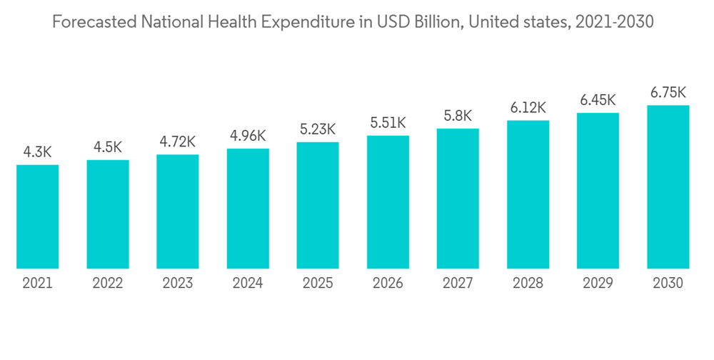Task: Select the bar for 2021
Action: (x=38, y=217)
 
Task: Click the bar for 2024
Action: (x=248, y=209)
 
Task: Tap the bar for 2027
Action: (x=458, y=199)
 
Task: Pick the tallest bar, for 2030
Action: (x=668, y=187)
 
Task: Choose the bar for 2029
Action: (x=598, y=191)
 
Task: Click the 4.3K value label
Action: (x=38, y=152)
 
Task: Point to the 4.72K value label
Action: (x=178, y=141)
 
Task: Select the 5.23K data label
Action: (x=318, y=129)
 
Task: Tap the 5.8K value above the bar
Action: (x=458, y=116)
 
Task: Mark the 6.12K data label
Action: (x=528, y=107)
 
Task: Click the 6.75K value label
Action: (x=668, y=92)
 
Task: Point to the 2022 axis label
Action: (x=108, y=284)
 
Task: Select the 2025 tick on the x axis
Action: (x=318, y=284)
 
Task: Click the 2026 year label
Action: (x=388, y=284)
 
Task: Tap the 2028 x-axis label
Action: (x=528, y=284)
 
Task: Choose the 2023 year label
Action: (x=178, y=284)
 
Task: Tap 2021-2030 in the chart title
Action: (x=615, y=23)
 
